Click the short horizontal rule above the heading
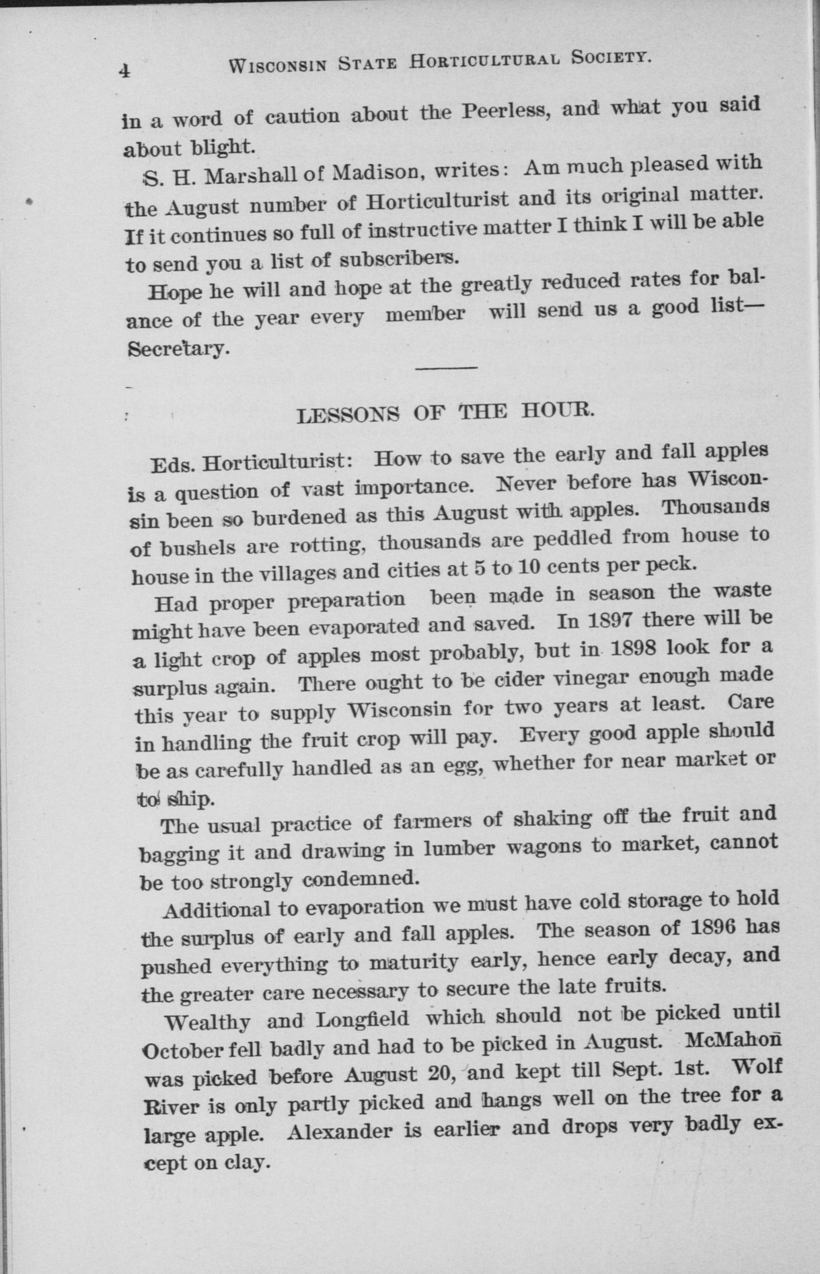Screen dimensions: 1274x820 445,367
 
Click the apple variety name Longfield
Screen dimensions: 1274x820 362,1019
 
